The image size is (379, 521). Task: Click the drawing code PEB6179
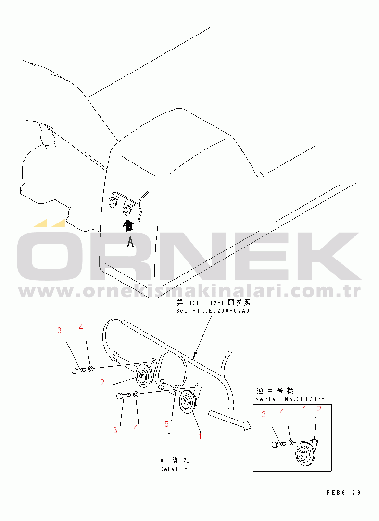pos(343,493)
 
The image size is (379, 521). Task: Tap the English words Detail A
pos(174,469)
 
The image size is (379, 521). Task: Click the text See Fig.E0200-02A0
pos(213,311)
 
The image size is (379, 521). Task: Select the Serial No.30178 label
pos(291,399)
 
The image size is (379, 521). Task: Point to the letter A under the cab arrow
pos(130,242)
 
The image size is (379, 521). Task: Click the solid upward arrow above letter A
pos(128,225)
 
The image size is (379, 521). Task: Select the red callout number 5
pos(166,424)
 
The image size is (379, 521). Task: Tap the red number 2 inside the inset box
pos(319,409)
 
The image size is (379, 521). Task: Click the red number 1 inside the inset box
pos(305,409)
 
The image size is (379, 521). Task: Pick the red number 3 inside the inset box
pos(264,414)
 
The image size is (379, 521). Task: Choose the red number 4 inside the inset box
pos(282,412)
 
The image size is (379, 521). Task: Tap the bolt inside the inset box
pos(279,444)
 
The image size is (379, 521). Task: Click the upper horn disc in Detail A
pos(143,376)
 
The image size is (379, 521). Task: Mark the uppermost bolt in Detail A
pos(79,370)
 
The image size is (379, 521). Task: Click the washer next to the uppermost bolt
pos(91,369)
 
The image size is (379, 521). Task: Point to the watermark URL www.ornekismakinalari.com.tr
pos(189,291)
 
